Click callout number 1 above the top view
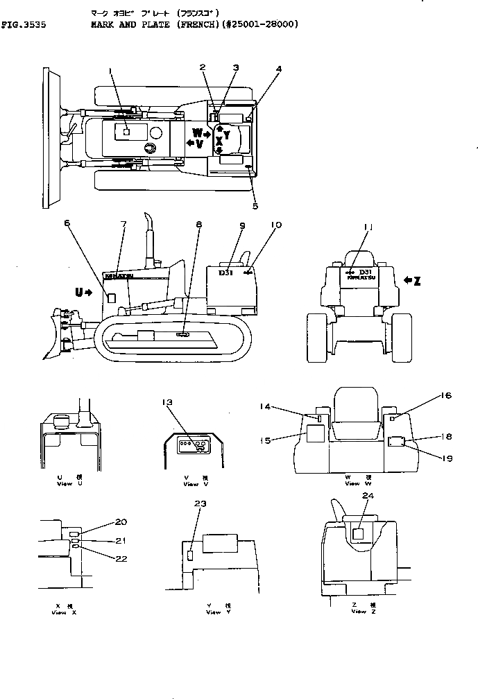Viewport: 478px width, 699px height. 110,71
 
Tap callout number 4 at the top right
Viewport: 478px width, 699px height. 278,69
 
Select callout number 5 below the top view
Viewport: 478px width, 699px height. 255,205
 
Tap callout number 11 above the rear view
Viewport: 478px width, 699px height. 368,226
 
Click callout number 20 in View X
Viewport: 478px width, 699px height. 121,521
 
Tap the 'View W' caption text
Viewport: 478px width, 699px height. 352,483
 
